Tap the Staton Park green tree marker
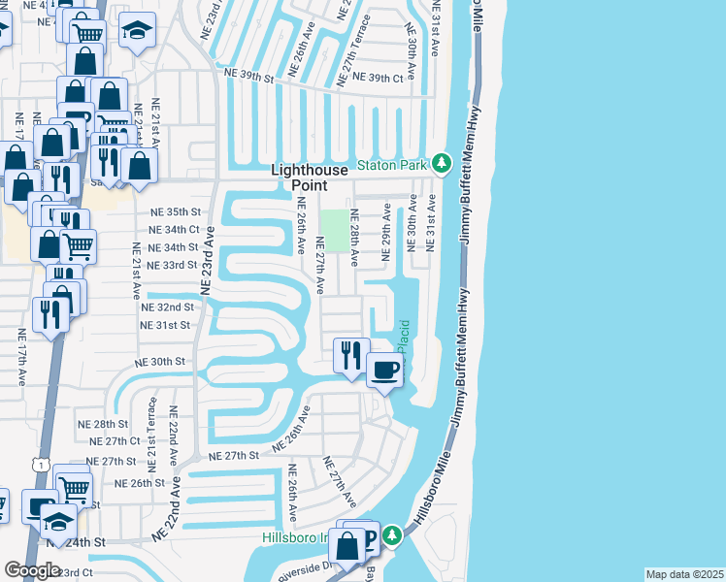coord(442,164)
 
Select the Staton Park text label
coord(392,166)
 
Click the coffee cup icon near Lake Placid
coord(385,370)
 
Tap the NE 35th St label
coord(175,211)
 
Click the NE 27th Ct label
coord(114,441)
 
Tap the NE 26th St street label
coord(140,482)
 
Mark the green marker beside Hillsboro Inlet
coord(391,534)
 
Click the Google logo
coord(33,571)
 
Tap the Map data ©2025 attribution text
coord(683,574)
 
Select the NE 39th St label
coord(248,73)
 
